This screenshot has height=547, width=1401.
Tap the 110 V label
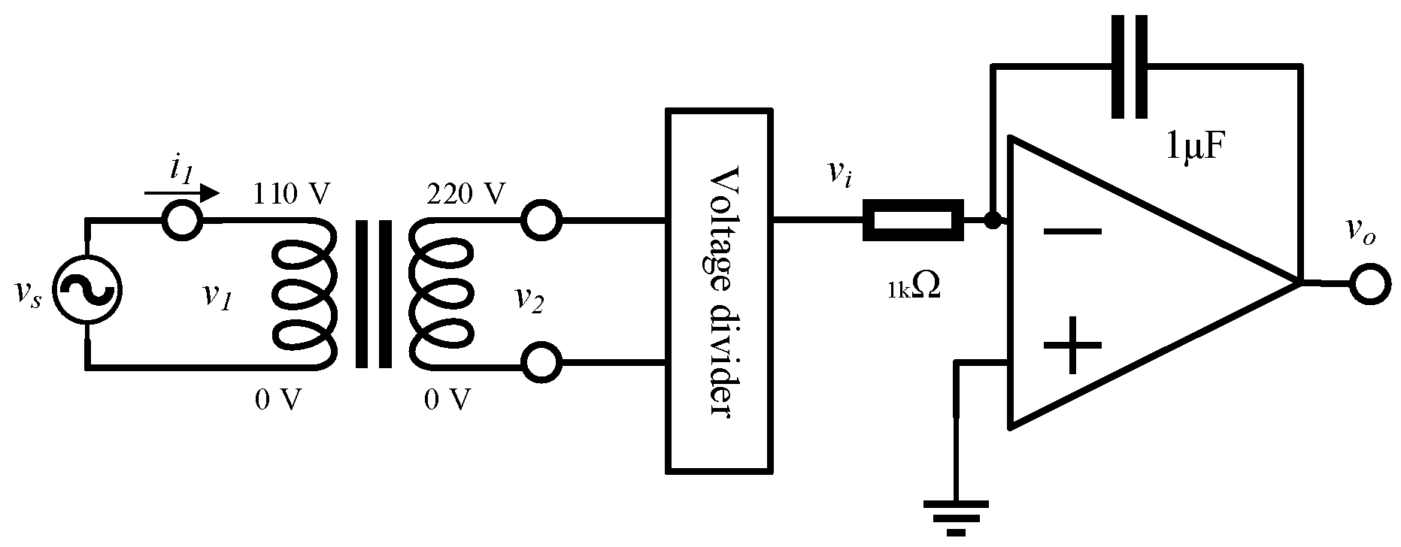coord(293,195)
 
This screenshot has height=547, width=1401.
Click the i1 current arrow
coord(182,194)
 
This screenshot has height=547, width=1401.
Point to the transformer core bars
coord(374,294)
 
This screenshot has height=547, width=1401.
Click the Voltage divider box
coord(718,292)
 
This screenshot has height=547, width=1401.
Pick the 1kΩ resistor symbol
coord(912,220)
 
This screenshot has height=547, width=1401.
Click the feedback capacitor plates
coord(1130,66)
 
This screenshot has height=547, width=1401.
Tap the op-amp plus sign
coord(1072,346)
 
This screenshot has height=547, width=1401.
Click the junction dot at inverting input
coord(993,221)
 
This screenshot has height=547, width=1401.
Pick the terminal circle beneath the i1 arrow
coord(182,221)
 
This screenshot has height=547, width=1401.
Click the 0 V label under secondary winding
coord(448,400)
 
